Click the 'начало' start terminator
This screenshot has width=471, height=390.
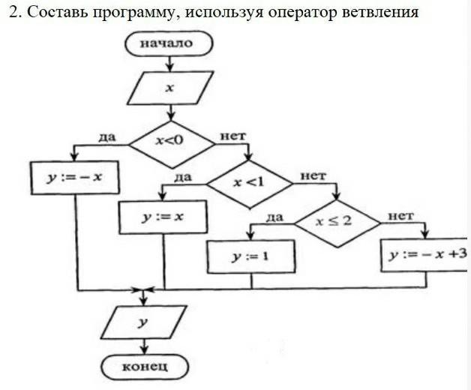172,43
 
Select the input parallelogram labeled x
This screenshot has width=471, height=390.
171,88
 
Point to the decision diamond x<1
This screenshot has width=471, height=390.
249,181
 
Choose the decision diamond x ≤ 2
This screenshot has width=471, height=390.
335,222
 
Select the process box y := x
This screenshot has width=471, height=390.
163,217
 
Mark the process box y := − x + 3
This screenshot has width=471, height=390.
425,255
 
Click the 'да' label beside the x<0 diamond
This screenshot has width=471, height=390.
106,136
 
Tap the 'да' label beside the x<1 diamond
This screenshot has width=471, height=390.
183,177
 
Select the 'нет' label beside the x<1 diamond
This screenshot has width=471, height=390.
313,176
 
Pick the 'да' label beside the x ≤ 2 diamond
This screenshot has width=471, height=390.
274,217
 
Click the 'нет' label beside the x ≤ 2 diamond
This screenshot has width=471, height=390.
400,216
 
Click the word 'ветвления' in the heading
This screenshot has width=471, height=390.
379,13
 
